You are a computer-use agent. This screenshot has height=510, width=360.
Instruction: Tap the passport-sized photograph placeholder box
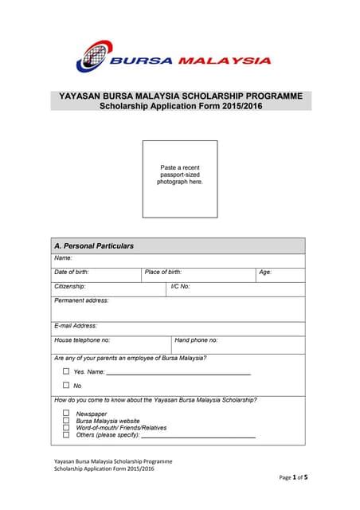coord(180,178)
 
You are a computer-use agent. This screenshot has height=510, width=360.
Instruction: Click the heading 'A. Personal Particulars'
coord(93,246)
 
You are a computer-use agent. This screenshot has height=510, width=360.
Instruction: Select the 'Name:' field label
coord(63,258)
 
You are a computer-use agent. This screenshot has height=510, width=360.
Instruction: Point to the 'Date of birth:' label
coord(71,273)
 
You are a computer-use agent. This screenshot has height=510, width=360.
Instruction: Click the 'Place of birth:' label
coord(163,273)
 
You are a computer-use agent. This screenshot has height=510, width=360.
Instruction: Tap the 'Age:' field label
coord(265,273)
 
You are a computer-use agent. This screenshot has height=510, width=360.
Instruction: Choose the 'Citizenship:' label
coord(69,286)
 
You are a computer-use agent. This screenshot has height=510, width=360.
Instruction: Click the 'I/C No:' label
coord(180,286)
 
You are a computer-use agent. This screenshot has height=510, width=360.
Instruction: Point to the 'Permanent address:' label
coord(81,300)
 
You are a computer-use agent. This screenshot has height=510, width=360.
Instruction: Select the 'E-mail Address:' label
coord(76,326)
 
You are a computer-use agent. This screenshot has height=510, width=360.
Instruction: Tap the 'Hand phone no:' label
coord(196,340)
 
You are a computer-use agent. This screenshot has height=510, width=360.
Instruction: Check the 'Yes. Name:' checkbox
coord(66,371)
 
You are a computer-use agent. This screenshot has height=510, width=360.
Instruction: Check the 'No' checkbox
coord(66,386)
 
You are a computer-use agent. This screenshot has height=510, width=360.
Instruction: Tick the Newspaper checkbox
coord(66,414)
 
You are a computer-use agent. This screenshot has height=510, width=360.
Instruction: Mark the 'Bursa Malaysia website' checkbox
coord(66,421)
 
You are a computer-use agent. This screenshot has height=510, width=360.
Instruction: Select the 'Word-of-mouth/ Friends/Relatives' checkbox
coord(66,428)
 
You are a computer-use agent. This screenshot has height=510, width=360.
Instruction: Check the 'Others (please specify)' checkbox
coord(66,435)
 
